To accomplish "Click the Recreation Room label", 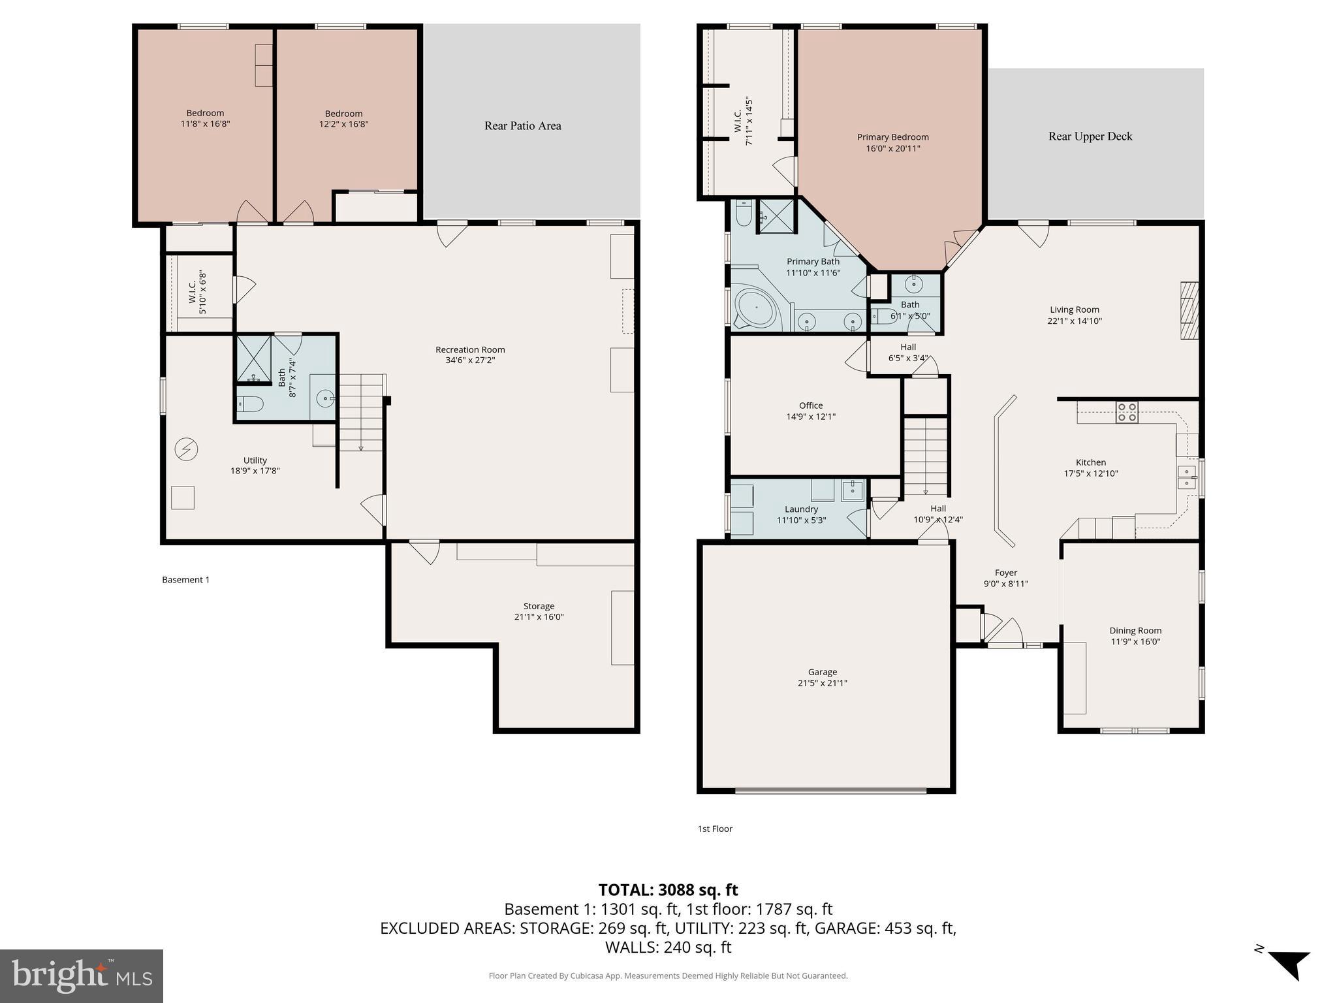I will (x=470, y=349).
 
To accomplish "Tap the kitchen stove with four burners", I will (x=1127, y=412).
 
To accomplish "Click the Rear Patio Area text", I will (x=522, y=125).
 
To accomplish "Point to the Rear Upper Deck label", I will (x=1090, y=136).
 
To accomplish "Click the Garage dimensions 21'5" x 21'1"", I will (x=822, y=683).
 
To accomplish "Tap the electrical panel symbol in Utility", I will (x=186, y=449).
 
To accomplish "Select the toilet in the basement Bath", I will (x=250, y=404).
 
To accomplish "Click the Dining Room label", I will (x=1135, y=630).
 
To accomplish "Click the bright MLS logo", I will (x=82, y=976).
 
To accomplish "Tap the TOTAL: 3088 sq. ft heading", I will (x=668, y=890).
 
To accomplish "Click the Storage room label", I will (x=539, y=606).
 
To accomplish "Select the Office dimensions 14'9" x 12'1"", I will (x=811, y=417).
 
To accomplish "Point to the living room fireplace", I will (x=1189, y=310).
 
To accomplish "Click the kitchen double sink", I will (x=1187, y=477).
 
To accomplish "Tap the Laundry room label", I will (x=801, y=509).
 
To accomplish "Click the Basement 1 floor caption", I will (x=185, y=579).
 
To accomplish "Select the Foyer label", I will (x=1005, y=573).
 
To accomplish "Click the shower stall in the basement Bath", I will (x=253, y=358).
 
